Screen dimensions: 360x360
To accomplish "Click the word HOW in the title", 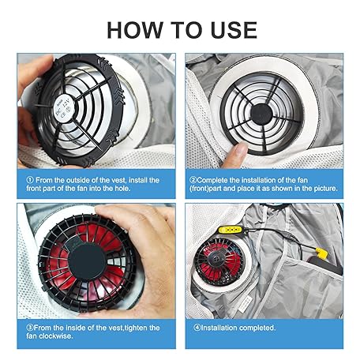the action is click(x=134, y=30).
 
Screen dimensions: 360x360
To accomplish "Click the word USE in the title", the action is click(x=234, y=30).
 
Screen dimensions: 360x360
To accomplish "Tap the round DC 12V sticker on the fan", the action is click(x=64, y=108).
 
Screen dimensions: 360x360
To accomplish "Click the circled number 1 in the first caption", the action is click(x=30, y=180).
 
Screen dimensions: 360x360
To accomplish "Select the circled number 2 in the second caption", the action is click(x=193, y=180).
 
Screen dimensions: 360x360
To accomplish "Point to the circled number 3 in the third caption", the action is click(x=30, y=328).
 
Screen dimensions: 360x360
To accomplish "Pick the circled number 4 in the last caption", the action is click(x=197, y=328).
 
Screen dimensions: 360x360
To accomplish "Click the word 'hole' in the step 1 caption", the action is click(x=122, y=189).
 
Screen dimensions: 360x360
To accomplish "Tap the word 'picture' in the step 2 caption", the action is click(x=325, y=189).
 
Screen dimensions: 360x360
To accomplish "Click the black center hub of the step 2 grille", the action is click(x=261, y=114).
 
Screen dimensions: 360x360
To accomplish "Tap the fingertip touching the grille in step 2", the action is click(x=240, y=149).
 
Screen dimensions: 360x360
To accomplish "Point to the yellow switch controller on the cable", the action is click(x=230, y=230).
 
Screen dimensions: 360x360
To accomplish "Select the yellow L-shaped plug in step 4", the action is click(x=321, y=253).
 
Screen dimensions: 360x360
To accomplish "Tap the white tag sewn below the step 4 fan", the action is click(x=246, y=304).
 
